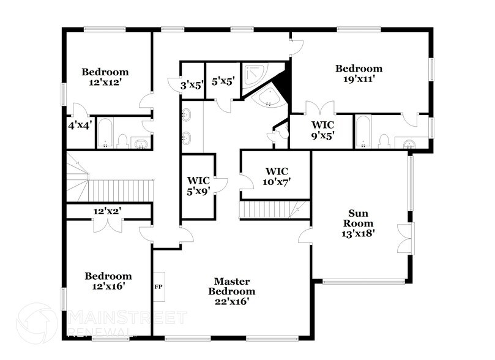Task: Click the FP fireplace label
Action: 158,287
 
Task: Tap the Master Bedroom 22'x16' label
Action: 231,291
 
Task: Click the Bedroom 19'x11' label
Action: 359,73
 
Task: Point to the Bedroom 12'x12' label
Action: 105,77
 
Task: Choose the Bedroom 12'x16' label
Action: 108,280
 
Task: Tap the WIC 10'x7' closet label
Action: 277,176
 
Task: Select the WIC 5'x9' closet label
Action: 198,186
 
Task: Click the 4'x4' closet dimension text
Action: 80,125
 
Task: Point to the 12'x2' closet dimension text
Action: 106,211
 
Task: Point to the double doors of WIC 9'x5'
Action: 320,108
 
